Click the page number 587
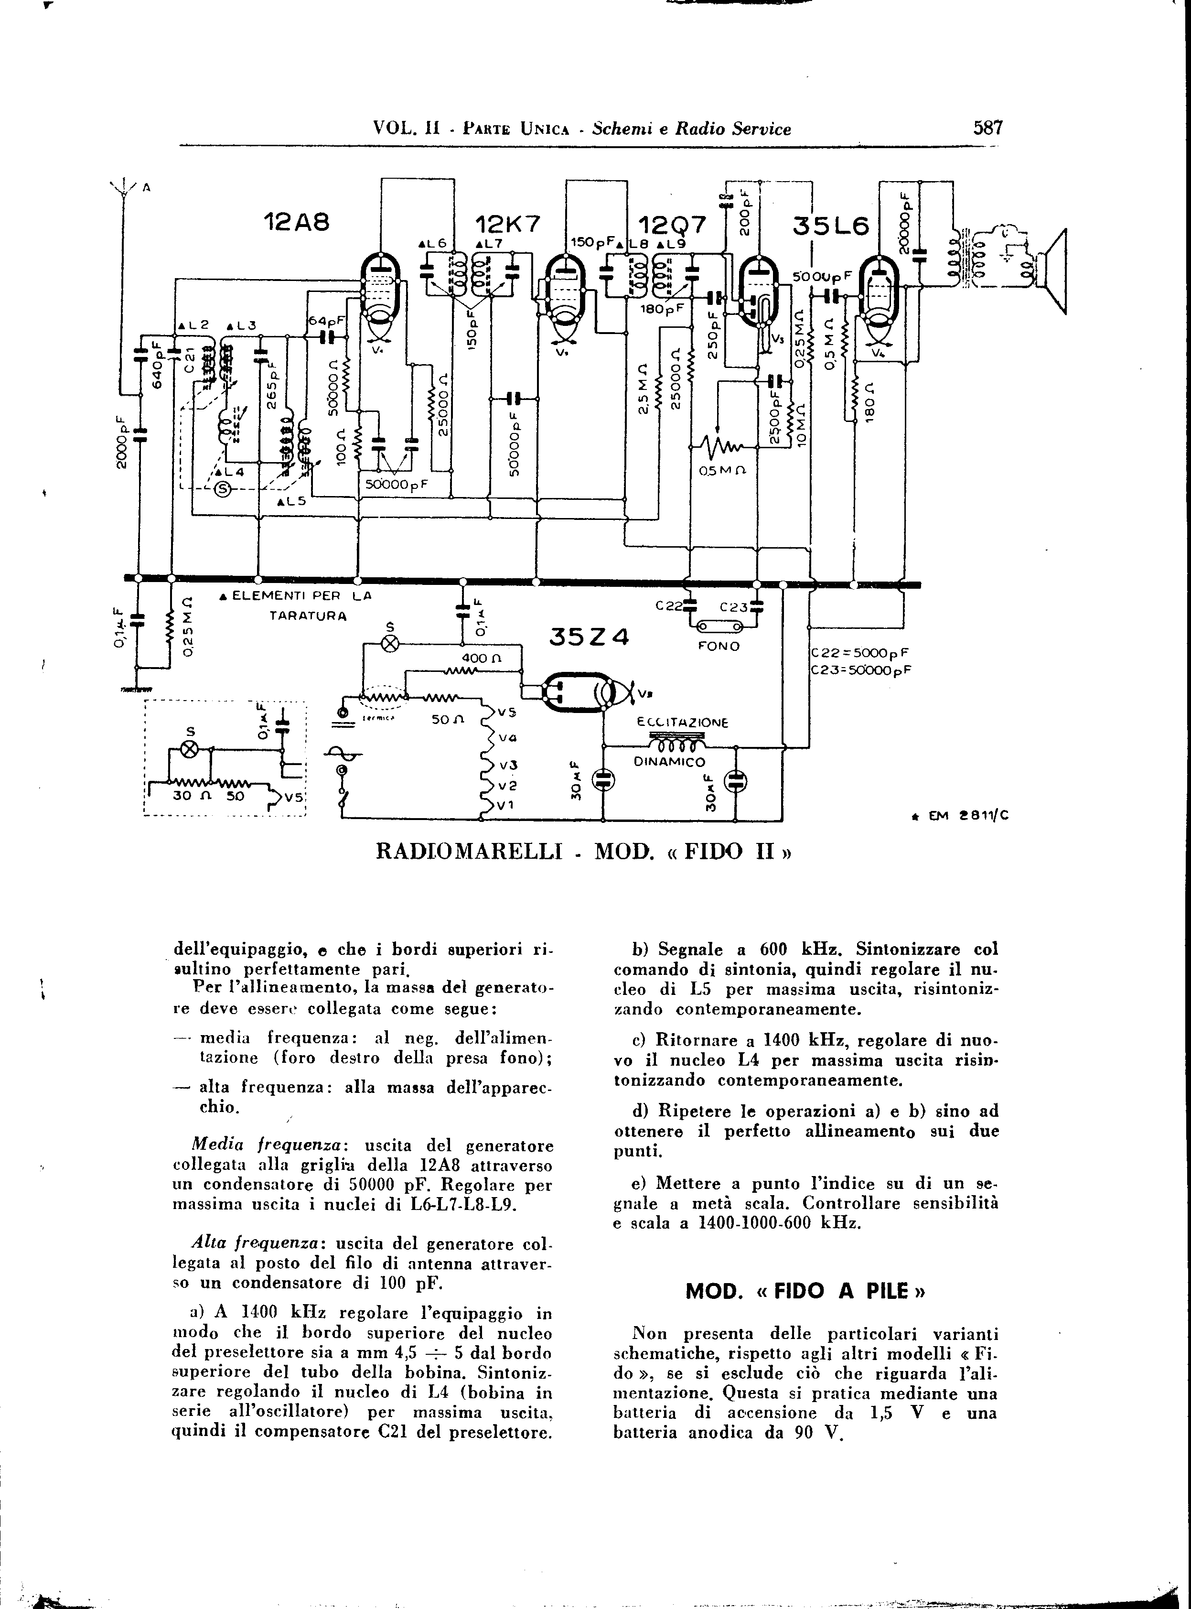coord(987,129)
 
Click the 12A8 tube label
coord(296,224)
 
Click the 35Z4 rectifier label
coord(589,637)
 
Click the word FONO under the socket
coord(719,646)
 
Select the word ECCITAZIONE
coord(683,723)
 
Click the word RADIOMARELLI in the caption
coord(469,853)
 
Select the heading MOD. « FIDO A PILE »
coord(805,1290)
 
